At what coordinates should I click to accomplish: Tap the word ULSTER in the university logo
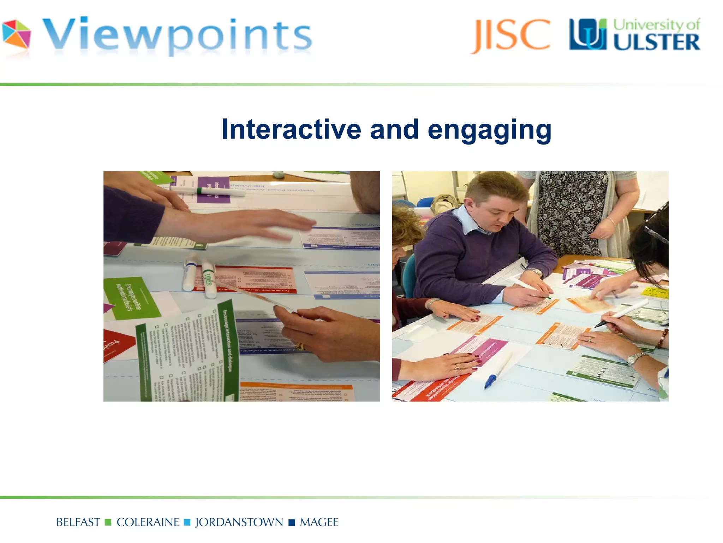pos(656,42)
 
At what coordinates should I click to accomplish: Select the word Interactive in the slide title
pos(291,129)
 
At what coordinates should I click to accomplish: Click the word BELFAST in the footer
pos(78,522)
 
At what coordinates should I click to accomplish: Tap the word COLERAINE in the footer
pos(148,522)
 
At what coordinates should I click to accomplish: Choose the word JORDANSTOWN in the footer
pos(239,522)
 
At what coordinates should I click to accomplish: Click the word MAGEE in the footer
pos(319,522)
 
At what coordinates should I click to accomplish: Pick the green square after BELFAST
pos(108,522)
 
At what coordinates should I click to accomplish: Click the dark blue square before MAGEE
pos(292,522)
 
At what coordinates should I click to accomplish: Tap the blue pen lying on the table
pos(498,371)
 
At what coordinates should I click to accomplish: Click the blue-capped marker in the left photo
pos(189,272)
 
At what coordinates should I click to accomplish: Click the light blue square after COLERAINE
pos(187,522)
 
